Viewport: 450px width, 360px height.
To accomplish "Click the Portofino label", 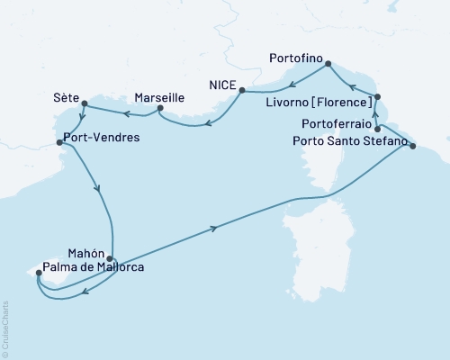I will (x=296, y=56).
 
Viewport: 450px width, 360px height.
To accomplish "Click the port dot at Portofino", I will (x=328, y=64).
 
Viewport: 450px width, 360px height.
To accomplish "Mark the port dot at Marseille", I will (x=159, y=109).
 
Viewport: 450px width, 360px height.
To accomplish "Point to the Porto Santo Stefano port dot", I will (x=412, y=144).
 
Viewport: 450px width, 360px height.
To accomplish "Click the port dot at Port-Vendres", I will (x=59, y=141).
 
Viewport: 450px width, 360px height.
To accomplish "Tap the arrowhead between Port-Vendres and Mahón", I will (x=97, y=189).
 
